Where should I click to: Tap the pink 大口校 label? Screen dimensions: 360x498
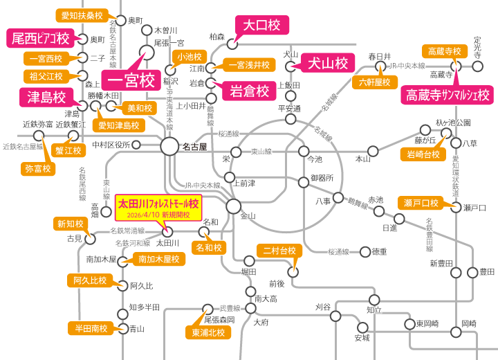coord(259,26)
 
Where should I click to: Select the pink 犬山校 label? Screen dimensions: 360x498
coord(327,64)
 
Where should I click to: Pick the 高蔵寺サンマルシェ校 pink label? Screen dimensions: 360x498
coord(448,93)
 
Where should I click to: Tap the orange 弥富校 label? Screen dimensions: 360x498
coord(37,168)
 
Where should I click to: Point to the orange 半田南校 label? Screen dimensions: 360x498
coord(88,327)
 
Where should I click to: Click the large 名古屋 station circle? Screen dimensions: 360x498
coord(169,146)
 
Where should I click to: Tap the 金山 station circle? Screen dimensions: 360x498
coord(234,206)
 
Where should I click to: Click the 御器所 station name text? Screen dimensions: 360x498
coord(321,178)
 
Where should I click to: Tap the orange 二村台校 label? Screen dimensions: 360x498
coord(277,250)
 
